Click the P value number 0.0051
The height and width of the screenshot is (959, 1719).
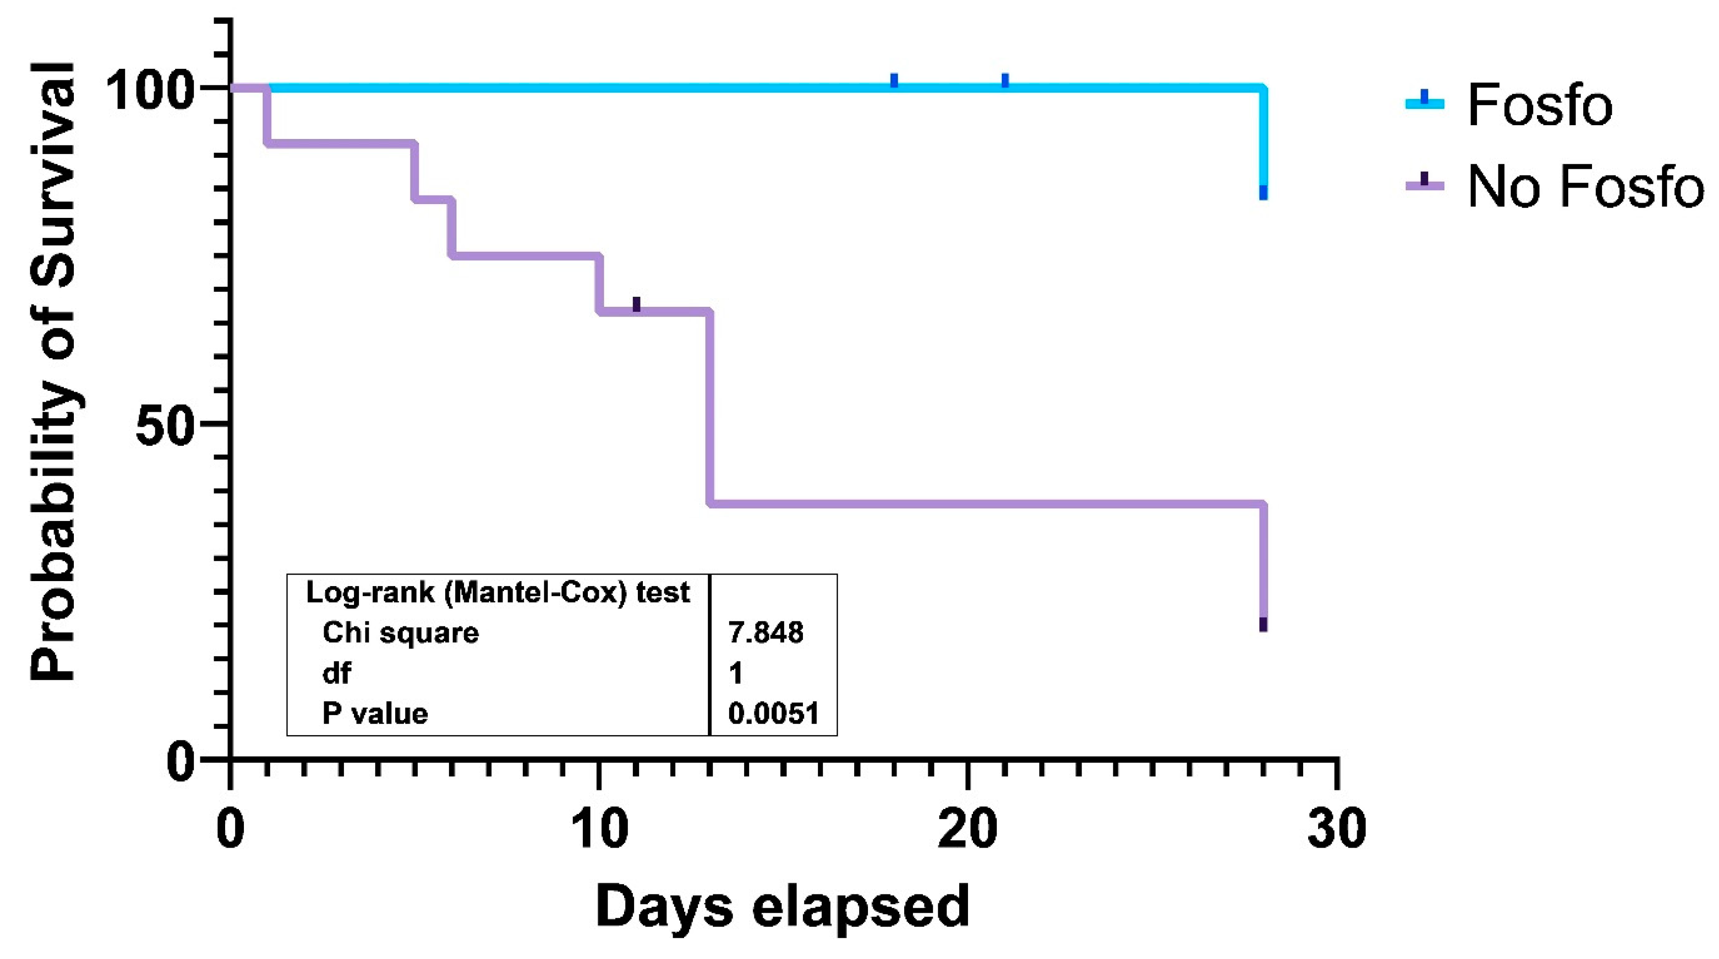pyautogui.click(x=773, y=714)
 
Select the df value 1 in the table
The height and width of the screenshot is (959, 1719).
pyautogui.click(x=735, y=673)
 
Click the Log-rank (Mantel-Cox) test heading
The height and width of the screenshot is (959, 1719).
pyautogui.click(x=497, y=592)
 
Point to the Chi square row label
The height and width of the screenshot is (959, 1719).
pyautogui.click(x=400, y=632)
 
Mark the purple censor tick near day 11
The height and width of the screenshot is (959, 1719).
pyautogui.click(x=636, y=305)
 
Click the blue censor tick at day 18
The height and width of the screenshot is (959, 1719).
pyautogui.click(x=894, y=81)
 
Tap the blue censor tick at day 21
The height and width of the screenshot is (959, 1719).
pyautogui.click(x=1005, y=81)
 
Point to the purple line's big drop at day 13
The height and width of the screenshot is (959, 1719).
pyautogui.click(x=710, y=407)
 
